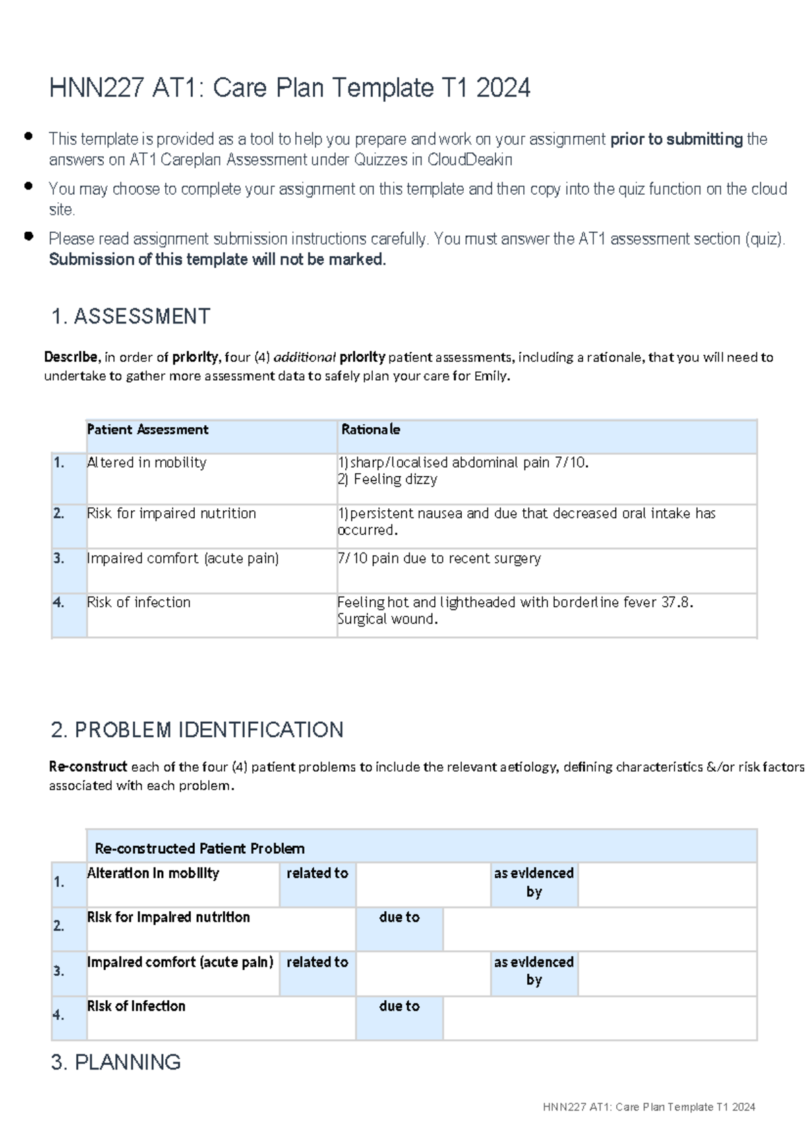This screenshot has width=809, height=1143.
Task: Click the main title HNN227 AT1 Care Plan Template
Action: pyautogui.click(x=290, y=88)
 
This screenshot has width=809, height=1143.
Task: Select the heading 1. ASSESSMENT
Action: pyautogui.click(x=131, y=316)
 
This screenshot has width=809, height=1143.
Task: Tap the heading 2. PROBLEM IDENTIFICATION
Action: pyautogui.click(x=197, y=730)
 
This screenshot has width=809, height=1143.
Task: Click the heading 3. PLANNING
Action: pyautogui.click(x=115, y=1062)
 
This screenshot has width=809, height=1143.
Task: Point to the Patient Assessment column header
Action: pyautogui.click(x=148, y=430)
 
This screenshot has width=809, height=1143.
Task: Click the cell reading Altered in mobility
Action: pyautogui.click(x=146, y=463)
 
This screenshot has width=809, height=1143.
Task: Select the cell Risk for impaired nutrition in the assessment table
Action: pyautogui.click(x=171, y=514)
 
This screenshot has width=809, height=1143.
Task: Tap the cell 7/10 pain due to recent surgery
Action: pyautogui.click(x=439, y=559)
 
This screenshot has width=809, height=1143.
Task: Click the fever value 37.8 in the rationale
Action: pyautogui.click(x=676, y=603)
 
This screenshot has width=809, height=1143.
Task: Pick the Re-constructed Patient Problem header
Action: pyautogui.click(x=200, y=848)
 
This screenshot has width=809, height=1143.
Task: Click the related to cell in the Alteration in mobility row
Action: pyautogui.click(x=317, y=873)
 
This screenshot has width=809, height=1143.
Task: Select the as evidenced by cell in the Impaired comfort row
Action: pyautogui.click(x=533, y=970)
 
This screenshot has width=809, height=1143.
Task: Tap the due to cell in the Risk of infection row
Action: pyautogui.click(x=399, y=1006)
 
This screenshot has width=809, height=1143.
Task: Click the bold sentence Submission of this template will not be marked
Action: pyautogui.click(x=217, y=259)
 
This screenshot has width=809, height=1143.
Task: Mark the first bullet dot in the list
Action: pyautogui.click(x=28, y=136)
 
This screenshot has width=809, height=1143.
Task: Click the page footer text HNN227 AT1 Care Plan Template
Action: pyautogui.click(x=649, y=1107)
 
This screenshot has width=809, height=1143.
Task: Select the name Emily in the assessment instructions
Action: pyautogui.click(x=490, y=377)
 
